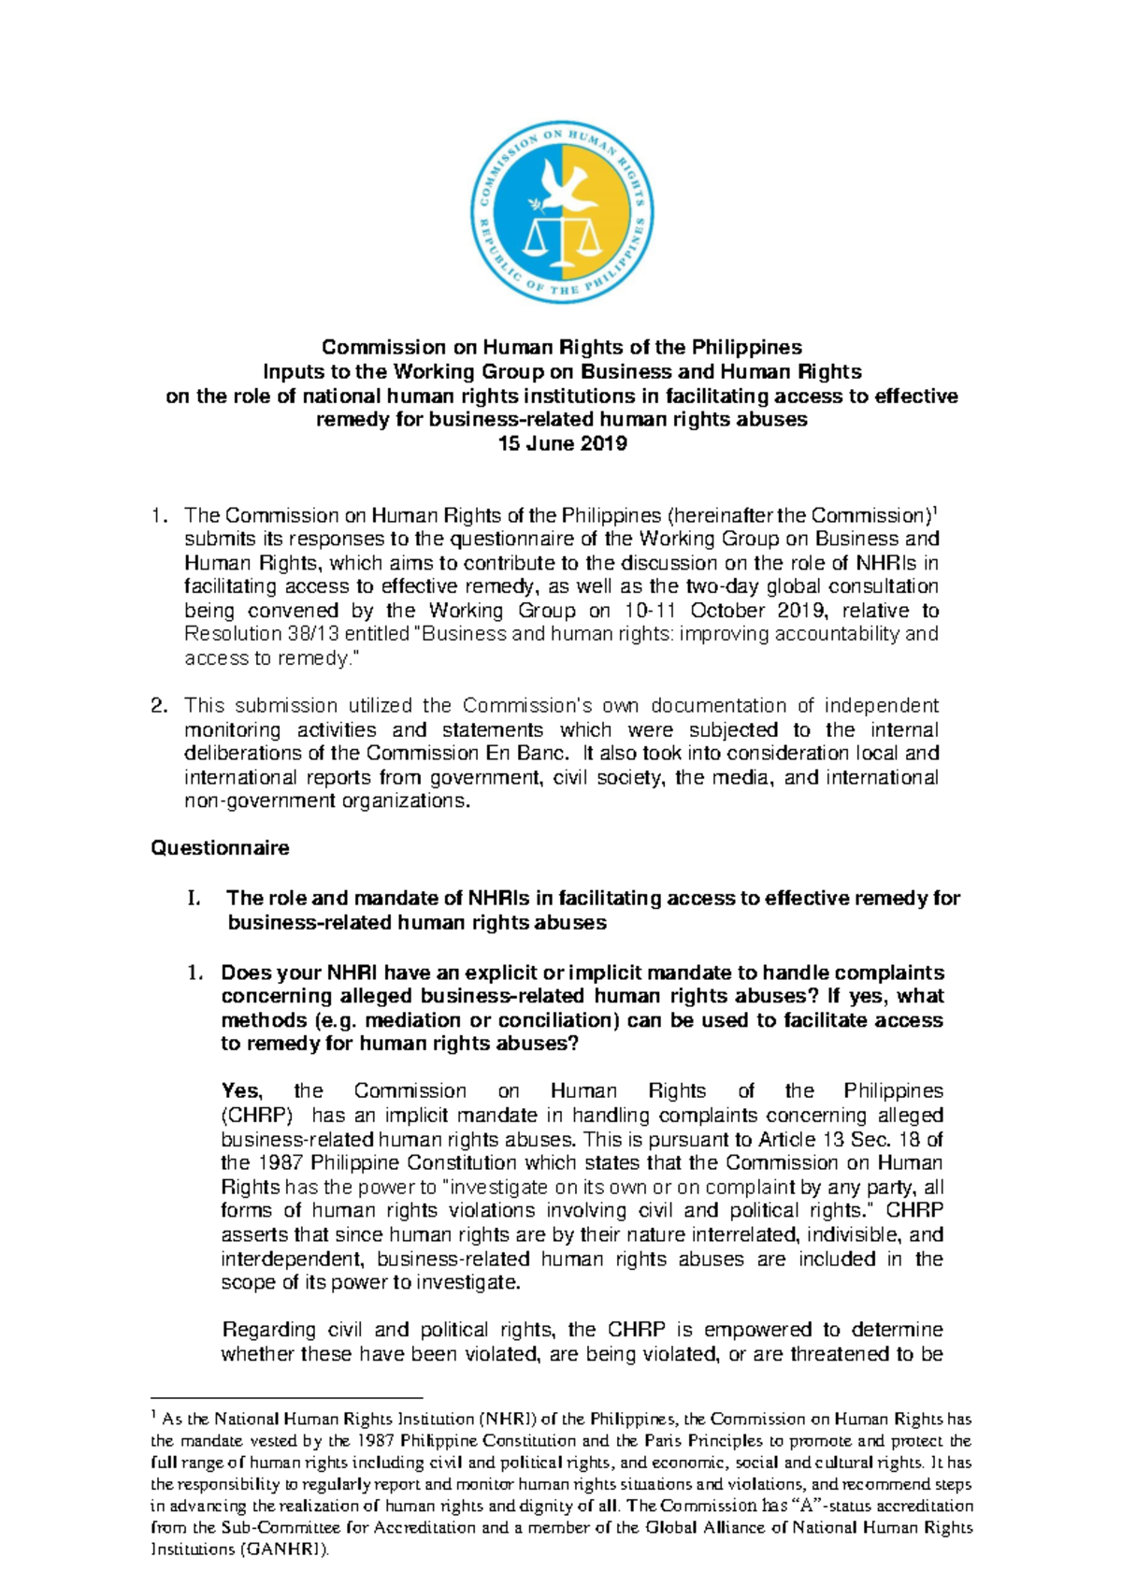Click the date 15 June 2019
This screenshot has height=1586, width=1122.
pyautogui.click(x=562, y=443)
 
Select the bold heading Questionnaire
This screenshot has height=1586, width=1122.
pyautogui.click(x=220, y=848)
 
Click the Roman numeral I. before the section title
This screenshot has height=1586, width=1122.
pyautogui.click(x=194, y=899)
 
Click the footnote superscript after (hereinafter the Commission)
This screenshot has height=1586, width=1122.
pyautogui.click(x=937, y=510)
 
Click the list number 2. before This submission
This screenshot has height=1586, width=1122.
pyautogui.click(x=160, y=706)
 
